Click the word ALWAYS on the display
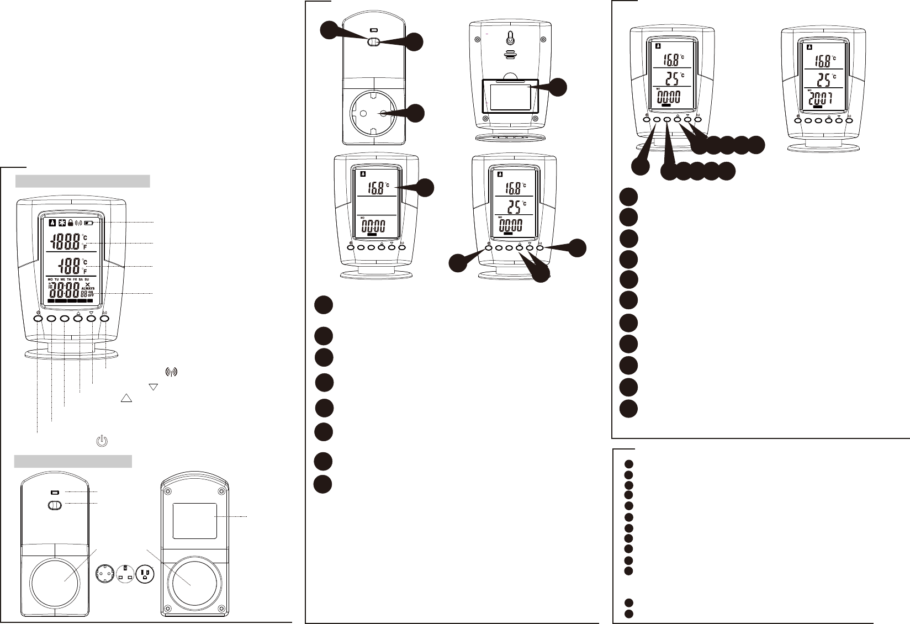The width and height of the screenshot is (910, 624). click(88, 288)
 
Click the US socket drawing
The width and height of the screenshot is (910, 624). click(145, 573)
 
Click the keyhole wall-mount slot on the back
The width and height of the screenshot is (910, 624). click(510, 39)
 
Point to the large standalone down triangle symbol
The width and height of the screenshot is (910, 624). click(154, 387)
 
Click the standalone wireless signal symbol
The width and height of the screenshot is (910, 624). click(171, 372)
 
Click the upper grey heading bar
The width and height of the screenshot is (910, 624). click(82, 181)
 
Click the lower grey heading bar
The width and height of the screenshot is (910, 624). click(73, 461)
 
